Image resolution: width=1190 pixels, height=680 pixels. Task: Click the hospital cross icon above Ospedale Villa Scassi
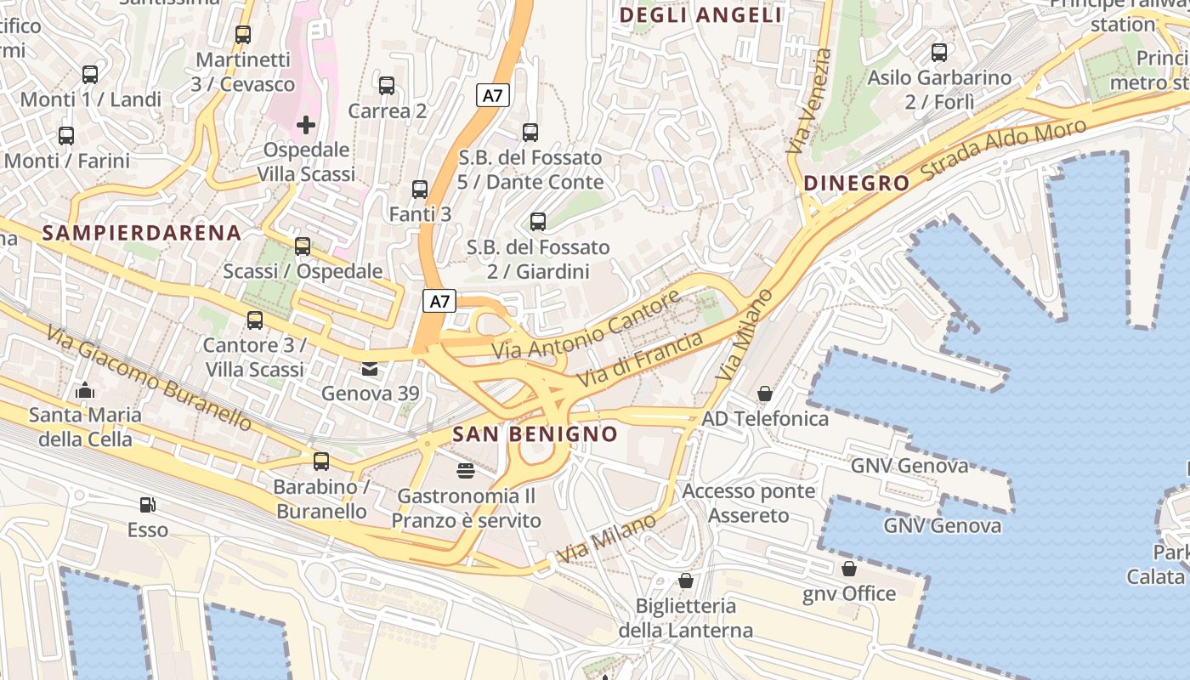(x=306, y=125)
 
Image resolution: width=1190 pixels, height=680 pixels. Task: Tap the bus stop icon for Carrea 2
(x=387, y=86)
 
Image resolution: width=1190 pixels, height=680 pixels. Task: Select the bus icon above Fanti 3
(x=420, y=190)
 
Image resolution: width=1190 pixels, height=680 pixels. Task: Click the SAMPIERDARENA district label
(x=142, y=233)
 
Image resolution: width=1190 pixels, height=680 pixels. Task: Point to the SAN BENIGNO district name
(x=535, y=434)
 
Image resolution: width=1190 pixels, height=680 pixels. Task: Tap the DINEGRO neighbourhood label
(x=856, y=183)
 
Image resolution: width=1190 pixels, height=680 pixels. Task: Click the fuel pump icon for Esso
(x=148, y=505)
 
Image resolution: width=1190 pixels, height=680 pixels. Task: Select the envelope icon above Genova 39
(x=370, y=369)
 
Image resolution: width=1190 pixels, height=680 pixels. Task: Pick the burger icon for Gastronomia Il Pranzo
(x=466, y=470)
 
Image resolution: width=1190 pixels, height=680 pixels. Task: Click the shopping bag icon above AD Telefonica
(x=765, y=394)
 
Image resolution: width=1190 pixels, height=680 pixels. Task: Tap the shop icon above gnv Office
(x=848, y=569)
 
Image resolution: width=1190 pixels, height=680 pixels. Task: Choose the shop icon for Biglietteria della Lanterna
(x=685, y=581)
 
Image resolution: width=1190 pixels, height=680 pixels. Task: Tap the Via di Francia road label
(x=640, y=360)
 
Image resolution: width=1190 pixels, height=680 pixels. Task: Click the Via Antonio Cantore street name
(x=586, y=326)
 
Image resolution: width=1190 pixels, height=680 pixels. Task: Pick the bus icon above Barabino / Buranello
(x=321, y=462)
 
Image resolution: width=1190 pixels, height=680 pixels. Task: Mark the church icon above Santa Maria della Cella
(x=85, y=391)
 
